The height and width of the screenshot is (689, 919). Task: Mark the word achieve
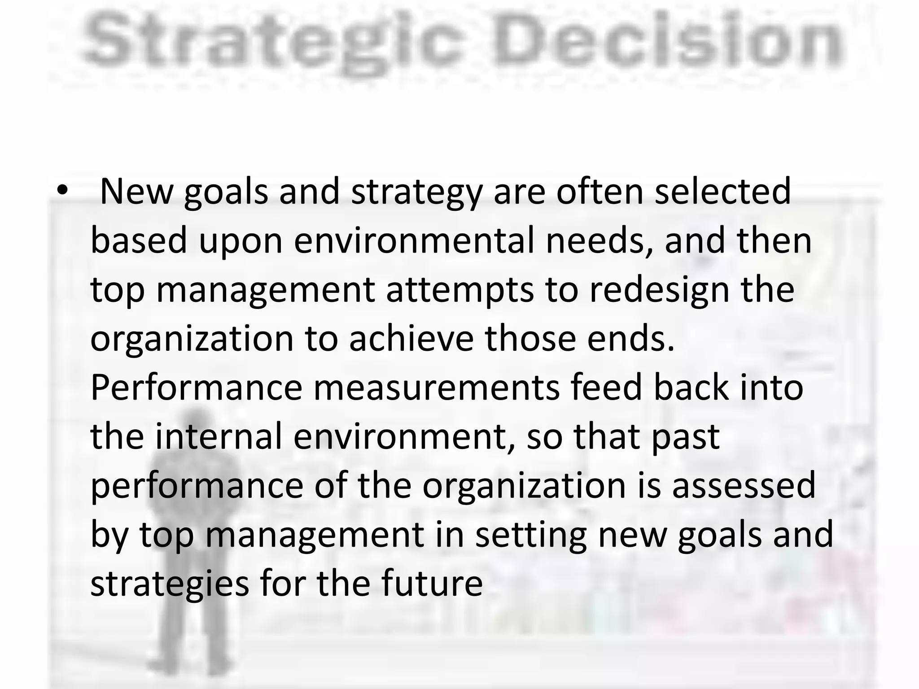[x=411, y=339]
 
